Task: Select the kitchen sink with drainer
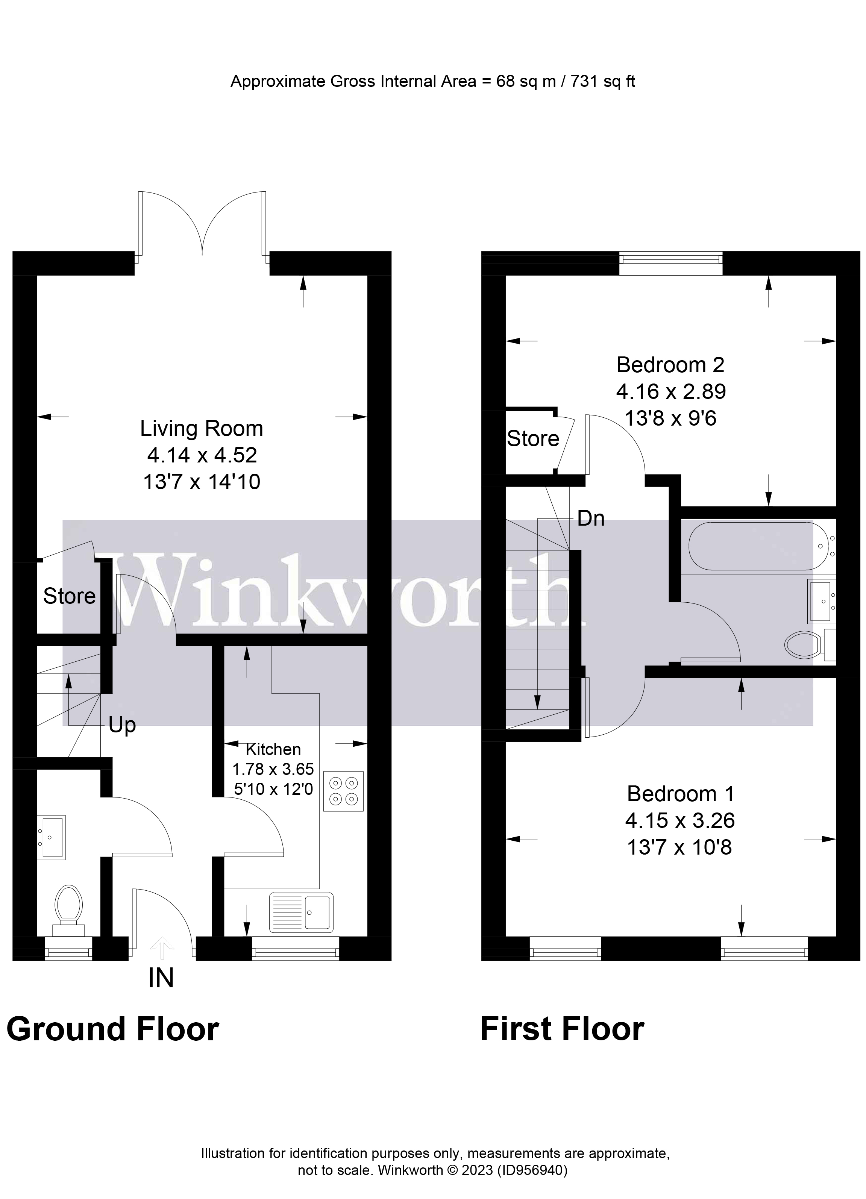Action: (x=301, y=913)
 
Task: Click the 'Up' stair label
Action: (x=122, y=725)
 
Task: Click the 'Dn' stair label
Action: (x=590, y=518)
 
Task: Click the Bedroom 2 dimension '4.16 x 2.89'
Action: (x=670, y=392)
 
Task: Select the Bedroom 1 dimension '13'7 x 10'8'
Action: (x=679, y=847)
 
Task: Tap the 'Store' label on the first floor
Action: (x=532, y=439)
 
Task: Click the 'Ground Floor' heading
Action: (x=112, y=1029)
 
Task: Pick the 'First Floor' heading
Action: (x=562, y=1029)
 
